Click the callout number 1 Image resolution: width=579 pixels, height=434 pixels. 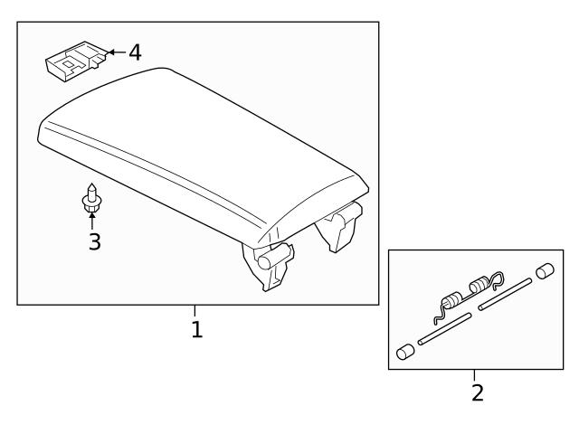(x=196, y=330)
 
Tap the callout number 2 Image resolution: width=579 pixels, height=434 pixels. (x=477, y=392)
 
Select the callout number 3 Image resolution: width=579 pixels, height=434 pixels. (x=94, y=241)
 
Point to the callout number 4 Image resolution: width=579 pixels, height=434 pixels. (x=134, y=52)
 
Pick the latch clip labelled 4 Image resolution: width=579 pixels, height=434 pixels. (x=73, y=61)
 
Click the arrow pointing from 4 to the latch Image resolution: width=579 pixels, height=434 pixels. (x=115, y=52)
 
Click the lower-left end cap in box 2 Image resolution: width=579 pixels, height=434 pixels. (x=405, y=352)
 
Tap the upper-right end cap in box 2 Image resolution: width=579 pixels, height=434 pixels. (x=545, y=271)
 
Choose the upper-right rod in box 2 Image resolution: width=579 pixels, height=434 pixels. (x=506, y=295)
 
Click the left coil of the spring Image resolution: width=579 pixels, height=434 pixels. (x=451, y=302)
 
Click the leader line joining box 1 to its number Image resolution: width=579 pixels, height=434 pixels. (x=195, y=311)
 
